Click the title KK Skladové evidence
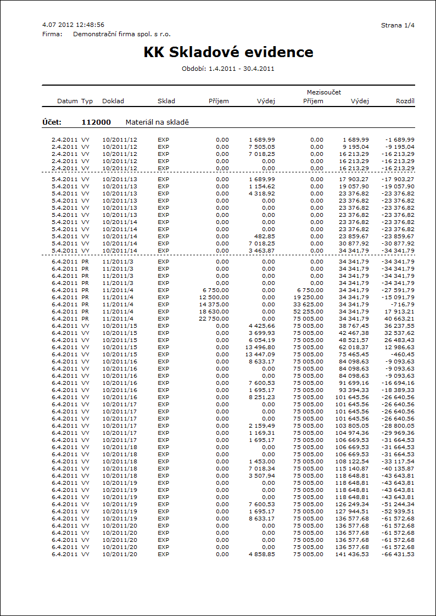point(228,52)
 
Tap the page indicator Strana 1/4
point(398,25)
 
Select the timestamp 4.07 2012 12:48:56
point(73,25)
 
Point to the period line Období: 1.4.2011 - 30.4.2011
point(228,69)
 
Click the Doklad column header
point(113,101)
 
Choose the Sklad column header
point(166,101)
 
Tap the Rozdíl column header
point(405,101)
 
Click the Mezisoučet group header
point(324,92)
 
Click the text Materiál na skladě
point(157,122)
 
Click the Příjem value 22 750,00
point(214,318)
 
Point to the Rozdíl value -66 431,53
point(398,554)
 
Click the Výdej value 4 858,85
point(262,554)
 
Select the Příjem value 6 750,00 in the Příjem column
point(216,290)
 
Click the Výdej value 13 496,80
point(260,347)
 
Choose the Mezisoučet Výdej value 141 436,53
point(352,554)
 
